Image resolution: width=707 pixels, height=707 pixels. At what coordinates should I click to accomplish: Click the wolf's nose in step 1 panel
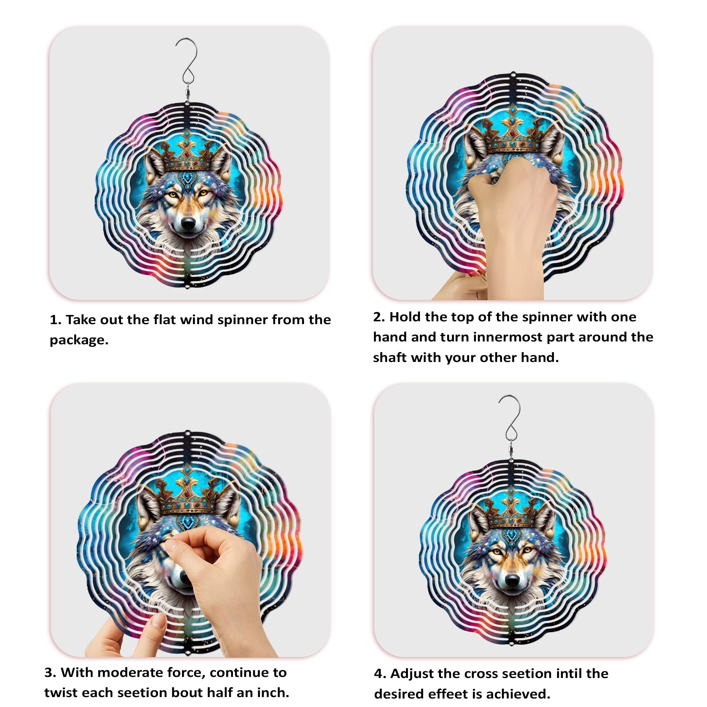(188, 223)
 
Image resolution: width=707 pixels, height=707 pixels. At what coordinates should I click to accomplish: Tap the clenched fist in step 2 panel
(512, 190)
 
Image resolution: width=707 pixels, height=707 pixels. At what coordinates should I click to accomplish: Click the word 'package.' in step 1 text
(79, 340)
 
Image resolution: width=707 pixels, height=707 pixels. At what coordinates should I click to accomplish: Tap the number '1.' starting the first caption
(55, 320)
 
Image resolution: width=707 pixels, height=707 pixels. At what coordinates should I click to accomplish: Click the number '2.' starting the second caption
(379, 317)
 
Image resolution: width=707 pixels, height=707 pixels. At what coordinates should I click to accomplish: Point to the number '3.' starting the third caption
(50, 673)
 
